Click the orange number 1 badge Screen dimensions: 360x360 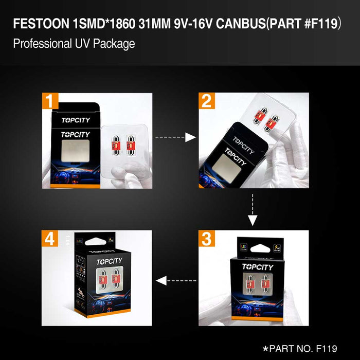pos(50,101)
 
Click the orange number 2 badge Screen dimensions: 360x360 pos(207,101)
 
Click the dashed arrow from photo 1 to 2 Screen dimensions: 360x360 pos(175,137)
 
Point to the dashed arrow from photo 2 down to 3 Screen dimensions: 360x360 pos(252,208)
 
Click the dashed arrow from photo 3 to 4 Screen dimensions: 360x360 pos(176,280)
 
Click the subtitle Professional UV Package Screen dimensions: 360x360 pos(74,43)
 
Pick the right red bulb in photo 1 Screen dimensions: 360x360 pos(130,145)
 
